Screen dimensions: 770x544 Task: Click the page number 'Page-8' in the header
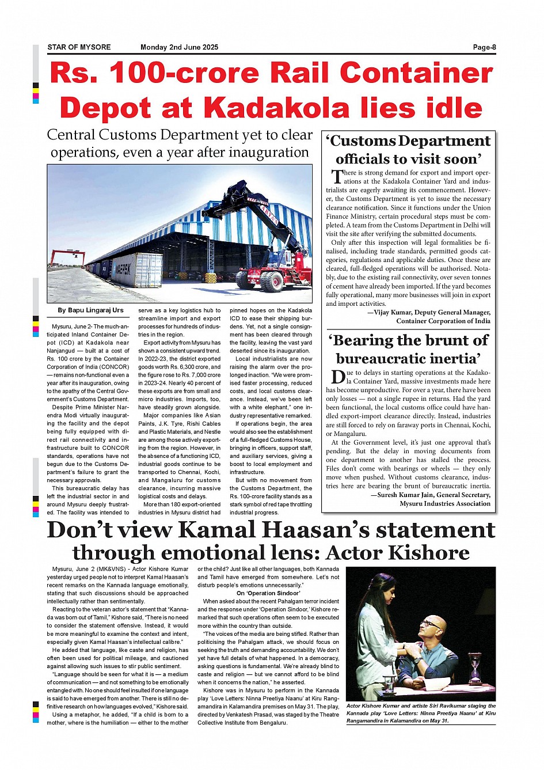(484, 47)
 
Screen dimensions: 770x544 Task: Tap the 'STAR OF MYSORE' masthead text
(79, 47)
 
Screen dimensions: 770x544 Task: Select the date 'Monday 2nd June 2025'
(179, 47)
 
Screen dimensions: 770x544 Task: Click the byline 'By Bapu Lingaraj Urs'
(90, 310)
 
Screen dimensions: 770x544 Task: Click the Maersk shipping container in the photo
(137, 270)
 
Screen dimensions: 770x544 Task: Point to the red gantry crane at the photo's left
(67, 256)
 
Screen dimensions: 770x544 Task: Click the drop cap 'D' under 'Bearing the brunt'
(337, 377)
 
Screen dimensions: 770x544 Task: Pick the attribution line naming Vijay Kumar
(429, 313)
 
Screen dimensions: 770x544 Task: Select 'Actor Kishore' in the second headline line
(397, 553)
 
